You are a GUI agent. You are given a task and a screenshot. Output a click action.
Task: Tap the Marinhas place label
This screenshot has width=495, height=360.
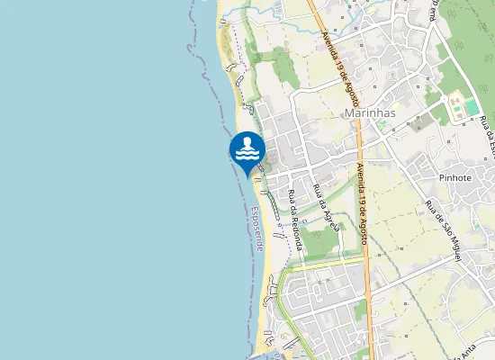click(370, 112)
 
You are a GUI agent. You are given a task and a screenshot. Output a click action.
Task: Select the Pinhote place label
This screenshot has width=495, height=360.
click(455, 177)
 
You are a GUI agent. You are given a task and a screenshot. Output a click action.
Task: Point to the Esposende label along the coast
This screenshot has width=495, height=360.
click(258, 229)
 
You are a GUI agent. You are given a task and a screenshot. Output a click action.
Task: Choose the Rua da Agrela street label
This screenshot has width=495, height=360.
click(324, 208)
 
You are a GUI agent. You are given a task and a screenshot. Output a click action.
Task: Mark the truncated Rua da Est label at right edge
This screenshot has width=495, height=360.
click(490, 135)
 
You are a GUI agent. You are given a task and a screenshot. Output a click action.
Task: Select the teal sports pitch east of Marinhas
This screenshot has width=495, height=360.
click(461, 108)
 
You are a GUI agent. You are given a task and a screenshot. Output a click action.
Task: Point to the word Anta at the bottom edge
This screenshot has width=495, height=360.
click(470, 355)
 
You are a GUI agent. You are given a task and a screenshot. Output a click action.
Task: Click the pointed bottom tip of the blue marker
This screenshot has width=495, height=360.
click(247, 176)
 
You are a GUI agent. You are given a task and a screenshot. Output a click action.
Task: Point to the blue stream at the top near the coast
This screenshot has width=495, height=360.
click(236, 12)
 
